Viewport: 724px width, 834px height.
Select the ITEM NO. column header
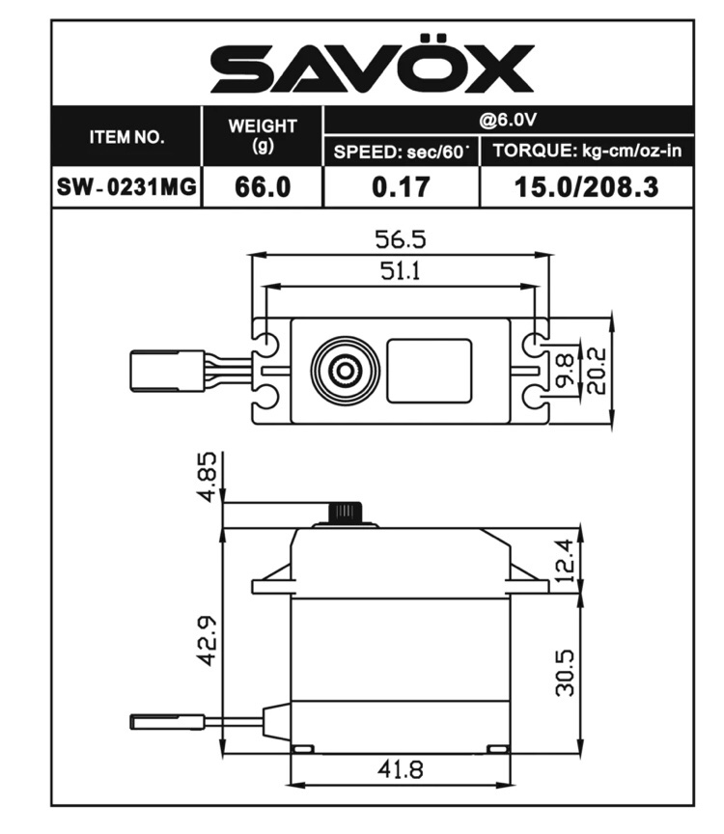point(126,137)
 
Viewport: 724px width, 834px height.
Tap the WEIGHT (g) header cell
point(263,136)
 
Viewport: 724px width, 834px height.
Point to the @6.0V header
point(508,121)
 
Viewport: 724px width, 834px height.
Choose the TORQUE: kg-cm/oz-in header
point(587,151)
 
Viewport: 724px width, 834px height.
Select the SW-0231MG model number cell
point(126,186)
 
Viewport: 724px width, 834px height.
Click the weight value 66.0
point(263,187)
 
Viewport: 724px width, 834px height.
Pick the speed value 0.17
point(402,187)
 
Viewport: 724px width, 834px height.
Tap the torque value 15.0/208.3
point(587,187)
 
